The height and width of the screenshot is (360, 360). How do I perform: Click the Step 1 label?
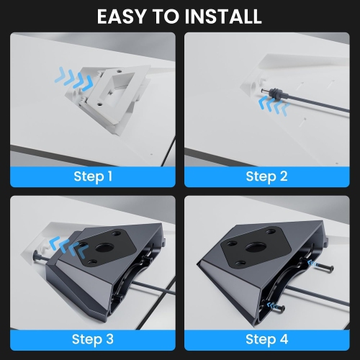click(x=92, y=176)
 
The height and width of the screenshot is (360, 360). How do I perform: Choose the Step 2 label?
click(x=266, y=176)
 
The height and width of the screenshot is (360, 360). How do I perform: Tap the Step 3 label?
click(x=92, y=338)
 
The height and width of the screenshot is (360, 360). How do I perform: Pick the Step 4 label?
click(x=266, y=338)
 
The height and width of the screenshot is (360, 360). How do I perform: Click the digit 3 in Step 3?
click(x=109, y=338)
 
